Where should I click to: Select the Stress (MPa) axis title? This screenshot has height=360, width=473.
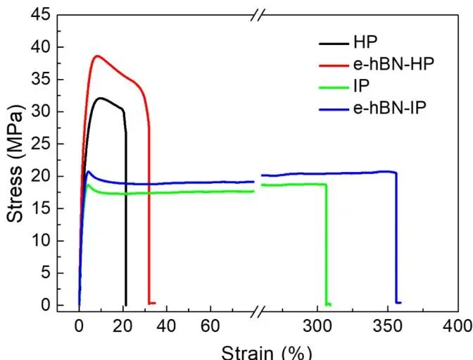point(15,160)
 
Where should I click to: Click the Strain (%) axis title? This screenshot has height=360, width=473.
point(266,352)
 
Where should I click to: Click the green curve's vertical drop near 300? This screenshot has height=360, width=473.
point(327,243)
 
